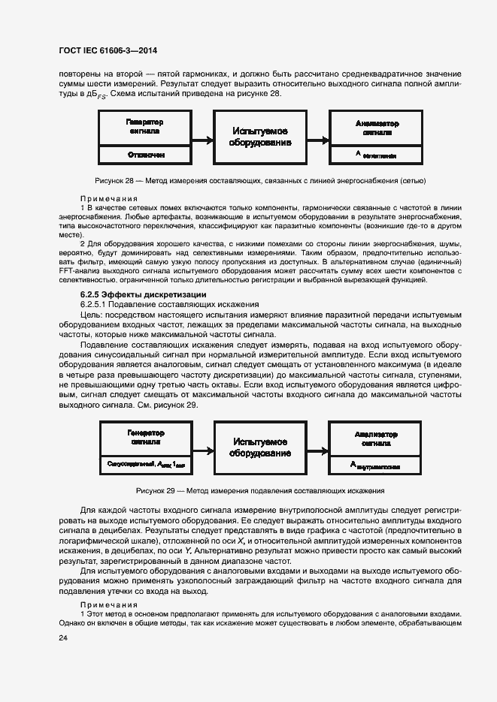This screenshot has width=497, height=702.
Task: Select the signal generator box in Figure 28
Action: click(x=144, y=127)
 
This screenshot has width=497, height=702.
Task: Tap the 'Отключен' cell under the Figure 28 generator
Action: click(x=144, y=154)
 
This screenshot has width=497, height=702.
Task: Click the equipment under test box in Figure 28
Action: click(x=260, y=137)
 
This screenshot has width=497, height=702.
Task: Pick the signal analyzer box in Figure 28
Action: click(x=377, y=127)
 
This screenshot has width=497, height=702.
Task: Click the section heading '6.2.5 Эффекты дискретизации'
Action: click(x=143, y=294)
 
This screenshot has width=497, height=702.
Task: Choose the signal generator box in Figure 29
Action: click(x=144, y=438)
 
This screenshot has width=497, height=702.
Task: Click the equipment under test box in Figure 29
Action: click(x=260, y=448)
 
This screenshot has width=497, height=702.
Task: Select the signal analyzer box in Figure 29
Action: click(x=377, y=438)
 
